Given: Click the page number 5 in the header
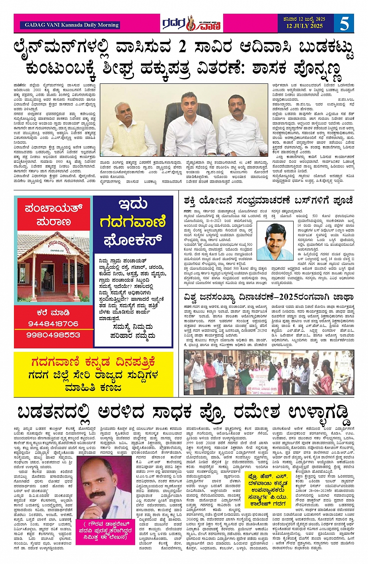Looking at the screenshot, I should click(344, 23).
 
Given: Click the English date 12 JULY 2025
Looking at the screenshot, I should click(305, 26).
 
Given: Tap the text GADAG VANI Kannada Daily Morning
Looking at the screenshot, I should click(72, 25).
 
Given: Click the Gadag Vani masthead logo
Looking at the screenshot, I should click(192, 24).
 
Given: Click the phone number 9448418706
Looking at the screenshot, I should click(53, 324).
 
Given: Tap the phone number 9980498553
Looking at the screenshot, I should click(53, 335).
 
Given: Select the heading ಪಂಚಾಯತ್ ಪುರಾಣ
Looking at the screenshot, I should click(53, 215).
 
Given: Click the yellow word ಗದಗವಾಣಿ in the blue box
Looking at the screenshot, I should click(133, 222).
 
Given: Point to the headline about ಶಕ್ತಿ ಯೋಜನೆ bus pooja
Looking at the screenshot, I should click(268, 200).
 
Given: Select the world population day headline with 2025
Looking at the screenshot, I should click(268, 297).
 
